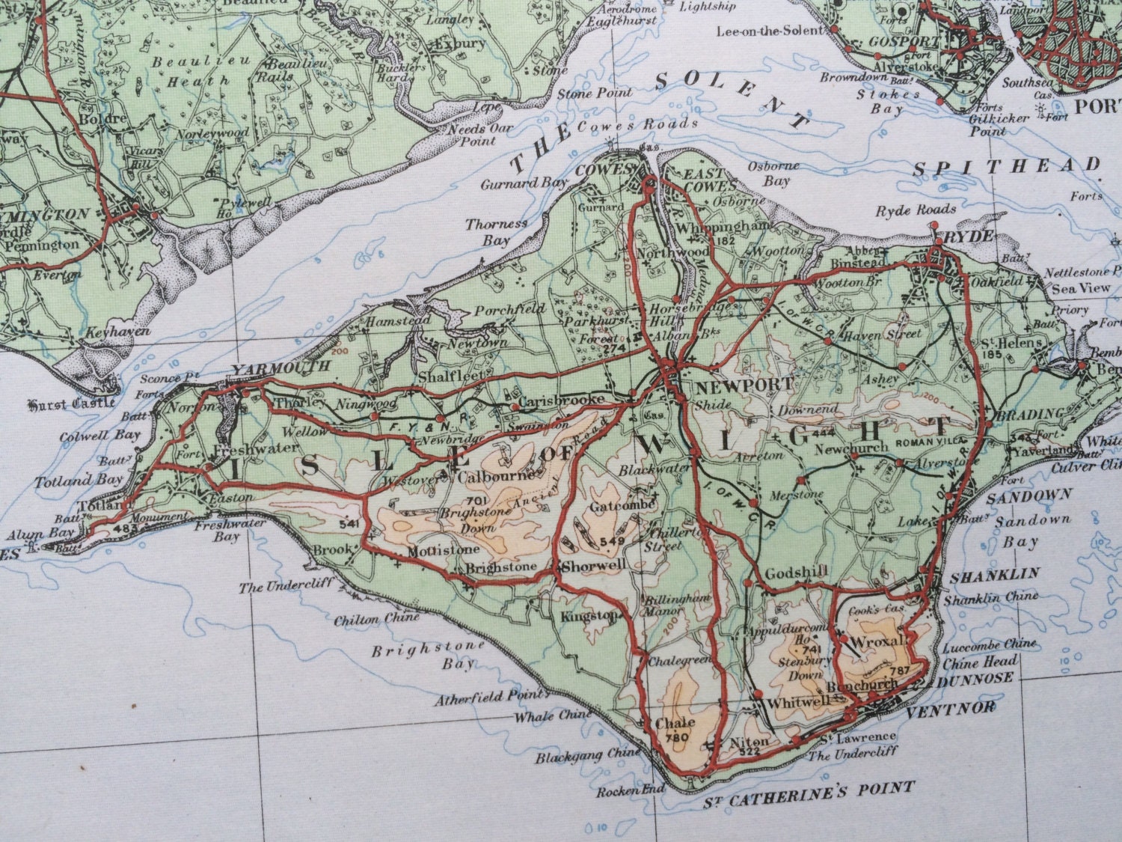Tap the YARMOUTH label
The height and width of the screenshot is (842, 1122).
(x=280, y=367)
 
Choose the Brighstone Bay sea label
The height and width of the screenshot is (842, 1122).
(x=423, y=656)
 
